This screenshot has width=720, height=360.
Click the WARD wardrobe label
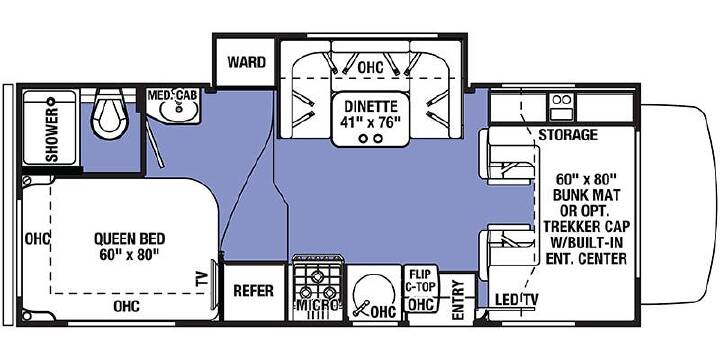coord(247,62)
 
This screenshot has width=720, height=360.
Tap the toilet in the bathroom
coord(108,113)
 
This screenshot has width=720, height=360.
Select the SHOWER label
coord(52,135)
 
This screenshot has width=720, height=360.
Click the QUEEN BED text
coord(129,239)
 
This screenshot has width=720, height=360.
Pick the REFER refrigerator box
coord(253,291)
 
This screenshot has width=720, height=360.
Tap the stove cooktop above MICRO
coord(317,283)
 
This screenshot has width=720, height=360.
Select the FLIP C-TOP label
coord(420,281)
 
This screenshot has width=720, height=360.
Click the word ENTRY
coord(458,300)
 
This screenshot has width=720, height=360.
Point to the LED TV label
coord(517,300)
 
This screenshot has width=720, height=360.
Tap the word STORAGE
coord(568,135)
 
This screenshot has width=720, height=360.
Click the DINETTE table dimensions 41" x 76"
coord(370,122)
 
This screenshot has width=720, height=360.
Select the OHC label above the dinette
coord(370,68)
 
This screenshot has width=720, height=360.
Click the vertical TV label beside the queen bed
coord(202,279)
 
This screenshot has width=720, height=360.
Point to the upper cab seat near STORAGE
coord(506,156)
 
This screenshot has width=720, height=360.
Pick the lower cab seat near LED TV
coord(506,252)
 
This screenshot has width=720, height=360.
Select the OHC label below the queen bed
coord(127,306)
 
